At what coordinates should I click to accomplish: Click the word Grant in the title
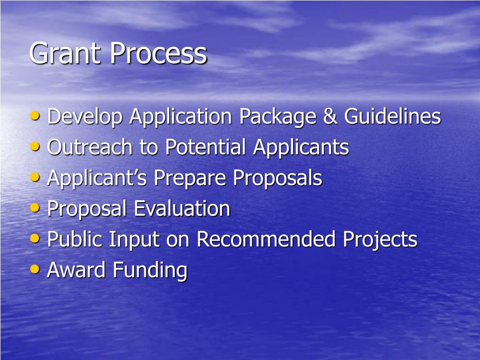coord(66,53)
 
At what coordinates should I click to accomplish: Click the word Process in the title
coord(158,53)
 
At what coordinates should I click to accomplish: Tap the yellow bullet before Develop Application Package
coord(35,115)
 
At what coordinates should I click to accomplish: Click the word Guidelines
coord(392,116)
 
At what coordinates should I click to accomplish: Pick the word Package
coord(278,117)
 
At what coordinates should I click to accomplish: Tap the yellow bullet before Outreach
coord(35,146)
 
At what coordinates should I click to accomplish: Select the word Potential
coord(205,147)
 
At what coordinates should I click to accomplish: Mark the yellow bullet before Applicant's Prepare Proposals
coord(35,177)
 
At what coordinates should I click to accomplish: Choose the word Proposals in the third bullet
coord(277,179)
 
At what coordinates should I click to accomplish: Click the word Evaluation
coord(182,209)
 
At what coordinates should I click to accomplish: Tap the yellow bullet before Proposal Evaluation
coord(35,208)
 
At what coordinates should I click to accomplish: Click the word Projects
coord(380,240)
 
